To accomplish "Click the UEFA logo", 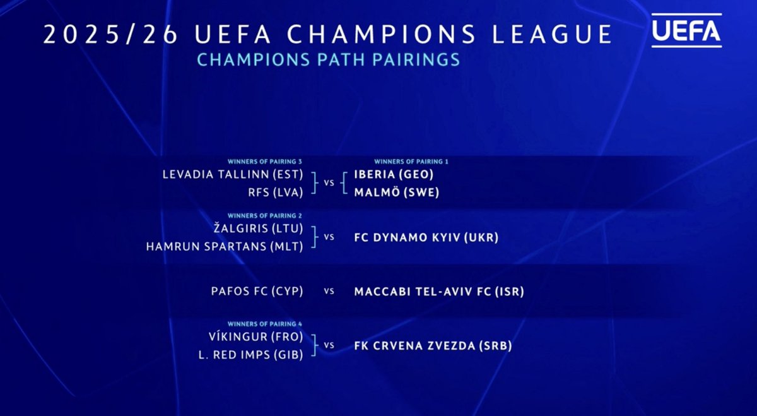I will point(686,31).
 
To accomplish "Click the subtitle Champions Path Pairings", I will point(328,60).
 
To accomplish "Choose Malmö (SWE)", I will point(396,193).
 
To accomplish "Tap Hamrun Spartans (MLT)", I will point(225,246).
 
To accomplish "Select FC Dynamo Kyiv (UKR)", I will point(426,238).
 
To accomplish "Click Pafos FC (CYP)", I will point(257,292).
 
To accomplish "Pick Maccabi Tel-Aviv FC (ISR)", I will point(439,292).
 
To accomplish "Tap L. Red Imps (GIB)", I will point(251,355).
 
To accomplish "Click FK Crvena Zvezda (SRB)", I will point(433,346).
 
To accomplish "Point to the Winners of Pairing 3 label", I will point(265,162).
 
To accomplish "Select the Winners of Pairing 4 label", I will point(265,324).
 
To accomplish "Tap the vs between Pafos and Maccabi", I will point(329,292).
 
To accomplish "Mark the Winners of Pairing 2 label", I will point(265,215).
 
